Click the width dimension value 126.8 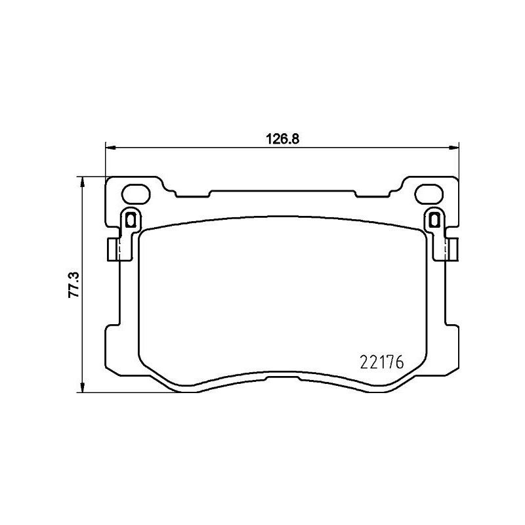click(x=282, y=138)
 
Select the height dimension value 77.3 click(x=74, y=285)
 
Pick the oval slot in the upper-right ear click(x=429, y=194)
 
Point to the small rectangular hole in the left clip click(x=130, y=219)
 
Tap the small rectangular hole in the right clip click(x=433, y=219)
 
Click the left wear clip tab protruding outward click(x=113, y=248)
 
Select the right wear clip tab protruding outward click(x=452, y=248)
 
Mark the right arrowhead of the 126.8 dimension click(x=455, y=147)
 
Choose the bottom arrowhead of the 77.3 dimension click(x=81, y=388)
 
